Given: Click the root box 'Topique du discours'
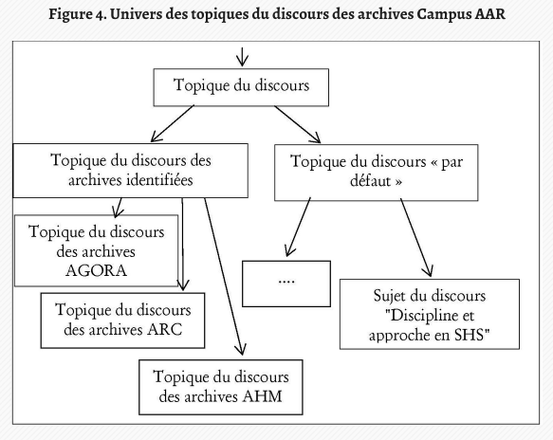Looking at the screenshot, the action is click(x=241, y=87).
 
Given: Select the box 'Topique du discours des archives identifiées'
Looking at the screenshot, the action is click(x=131, y=171).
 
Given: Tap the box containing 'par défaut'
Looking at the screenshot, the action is click(x=377, y=173).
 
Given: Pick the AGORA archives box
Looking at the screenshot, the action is click(x=97, y=250).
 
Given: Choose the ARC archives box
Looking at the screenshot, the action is click(x=122, y=321).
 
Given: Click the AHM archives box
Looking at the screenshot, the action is click(x=221, y=387).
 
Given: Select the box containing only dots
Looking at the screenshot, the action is click(x=286, y=284).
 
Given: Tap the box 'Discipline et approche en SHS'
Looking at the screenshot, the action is click(x=430, y=314).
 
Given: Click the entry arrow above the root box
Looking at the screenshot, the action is click(x=242, y=57).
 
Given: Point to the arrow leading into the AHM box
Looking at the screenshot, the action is click(x=224, y=276).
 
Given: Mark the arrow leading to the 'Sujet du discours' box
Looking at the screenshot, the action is click(x=416, y=238).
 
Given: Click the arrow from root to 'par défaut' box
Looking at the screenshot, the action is click(x=297, y=124).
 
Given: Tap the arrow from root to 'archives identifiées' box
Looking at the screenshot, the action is click(x=173, y=123).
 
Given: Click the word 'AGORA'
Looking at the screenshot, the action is click(x=97, y=271).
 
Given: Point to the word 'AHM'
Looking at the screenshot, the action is click(x=263, y=396).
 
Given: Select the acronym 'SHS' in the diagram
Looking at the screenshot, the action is click(x=469, y=335).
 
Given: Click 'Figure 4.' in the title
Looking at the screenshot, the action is click(x=78, y=14).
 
